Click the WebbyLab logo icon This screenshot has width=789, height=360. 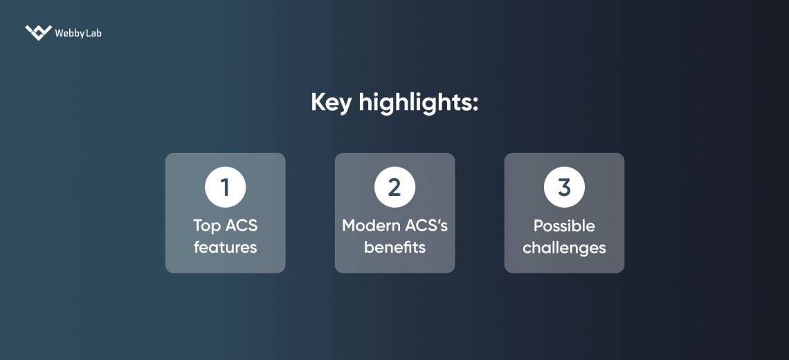[x=38, y=33]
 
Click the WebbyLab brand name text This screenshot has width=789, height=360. [x=78, y=33]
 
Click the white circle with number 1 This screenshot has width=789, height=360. [x=225, y=187]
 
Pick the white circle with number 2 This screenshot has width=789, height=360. [x=394, y=187]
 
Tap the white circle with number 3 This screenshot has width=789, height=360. [x=564, y=187]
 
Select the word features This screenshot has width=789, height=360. [x=225, y=247]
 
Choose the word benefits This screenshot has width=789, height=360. [x=394, y=247]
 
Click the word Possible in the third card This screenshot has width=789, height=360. [x=564, y=226]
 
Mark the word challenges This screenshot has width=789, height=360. [x=564, y=247]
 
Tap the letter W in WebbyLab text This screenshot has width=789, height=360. [x=60, y=33]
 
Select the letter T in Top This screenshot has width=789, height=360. [x=198, y=226]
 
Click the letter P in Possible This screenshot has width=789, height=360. [x=538, y=226]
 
